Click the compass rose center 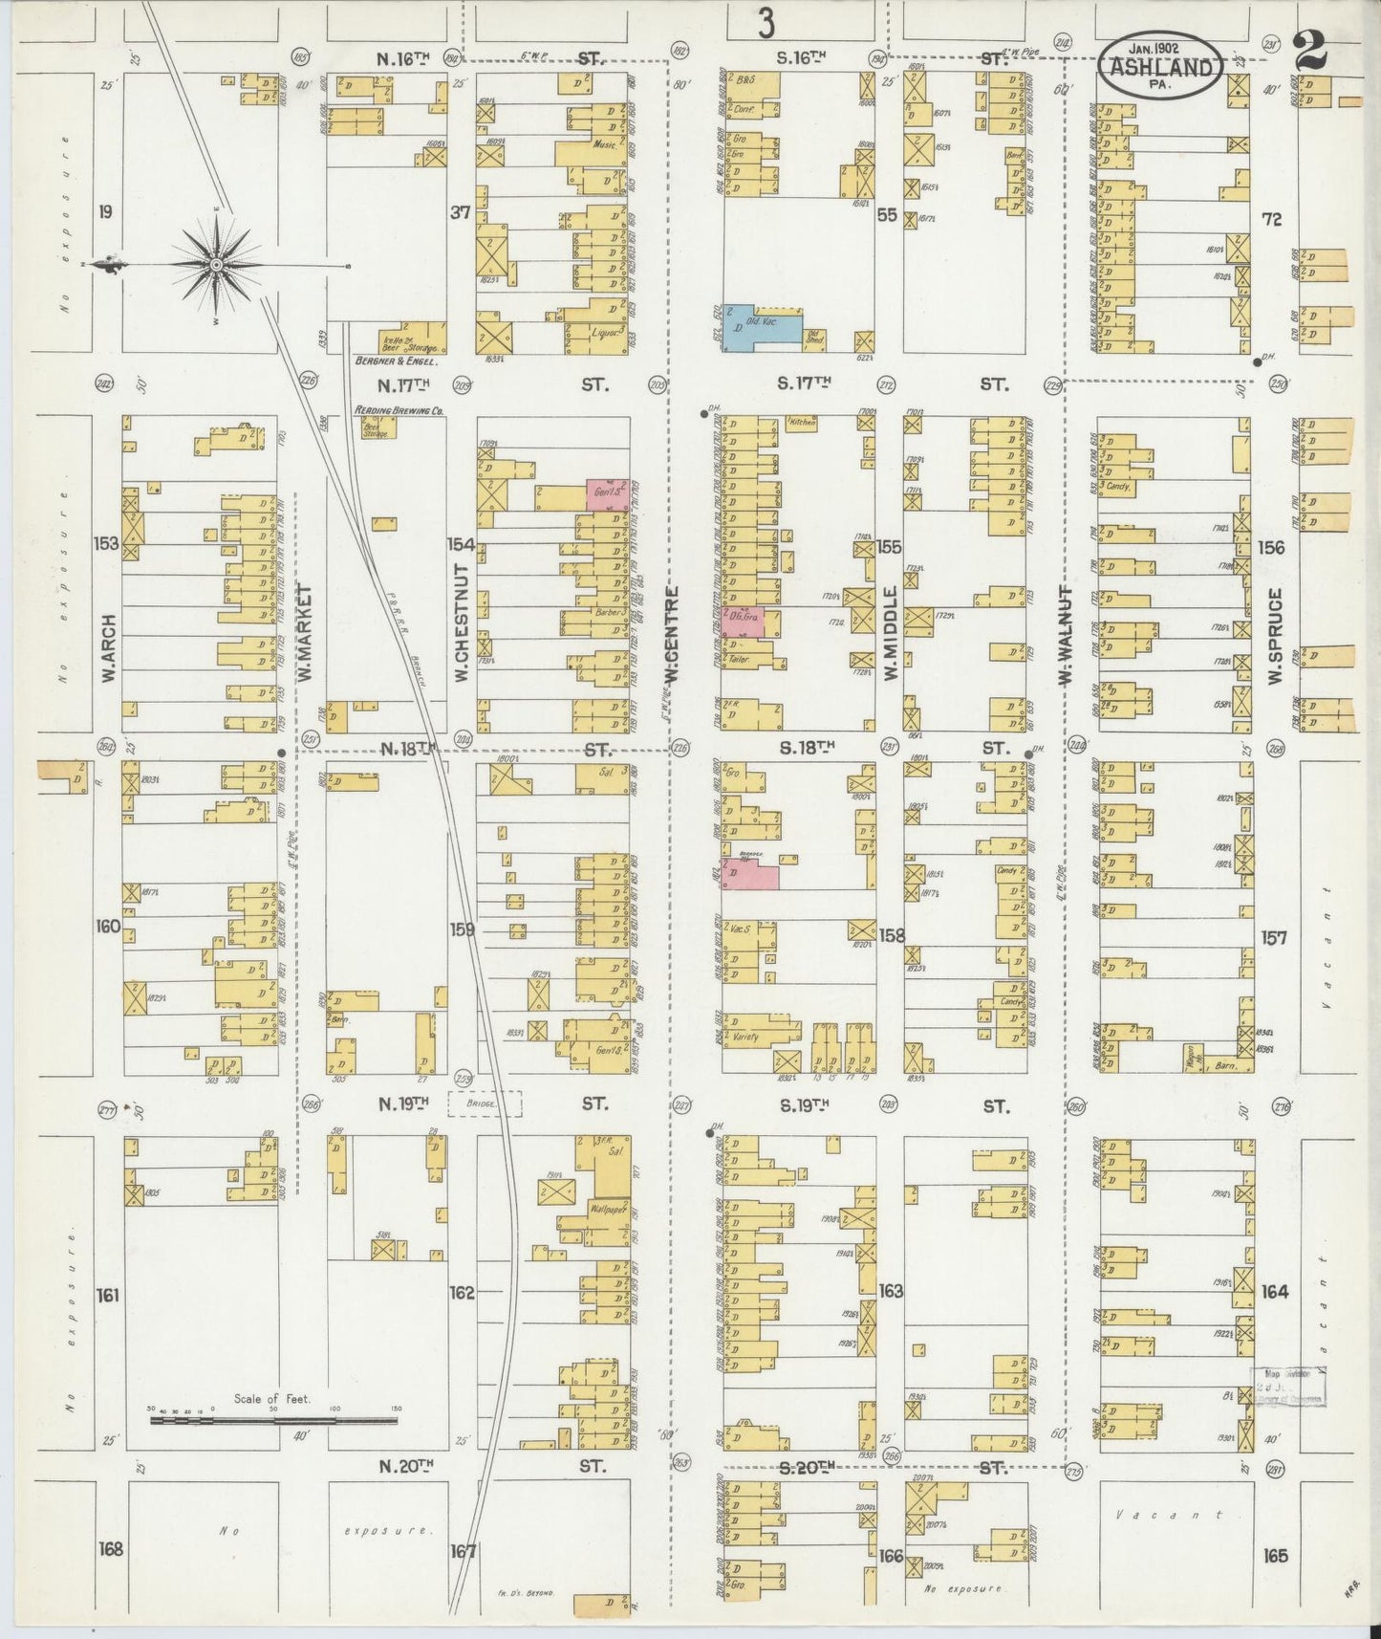point(217,264)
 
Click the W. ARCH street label point(108,651)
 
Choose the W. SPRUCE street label point(1274,636)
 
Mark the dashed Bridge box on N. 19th point(486,1104)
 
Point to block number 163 point(890,1292)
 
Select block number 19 point(105,211)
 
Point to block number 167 point(463,1551)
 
